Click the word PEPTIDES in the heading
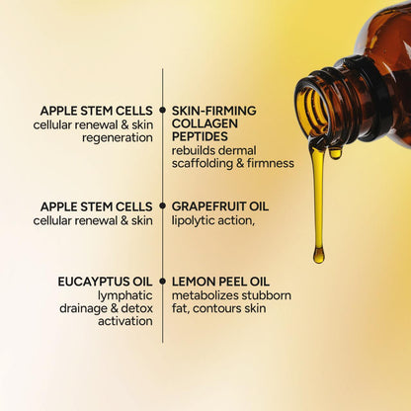(x=201, y=137)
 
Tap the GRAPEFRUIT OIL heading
(x=219, y=206)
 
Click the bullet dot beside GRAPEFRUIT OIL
(x=162, y=206)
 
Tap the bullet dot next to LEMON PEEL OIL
(x=162, y=282)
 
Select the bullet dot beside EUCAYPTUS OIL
(x=162, y=282)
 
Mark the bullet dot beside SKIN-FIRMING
(x=162, y=111)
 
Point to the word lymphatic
(x=124, y=294)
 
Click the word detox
(x=136, y=307)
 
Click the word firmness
(x=272, y=163)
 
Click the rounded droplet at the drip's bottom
(x=318, y=255)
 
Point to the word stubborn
(x=266, y=294)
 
